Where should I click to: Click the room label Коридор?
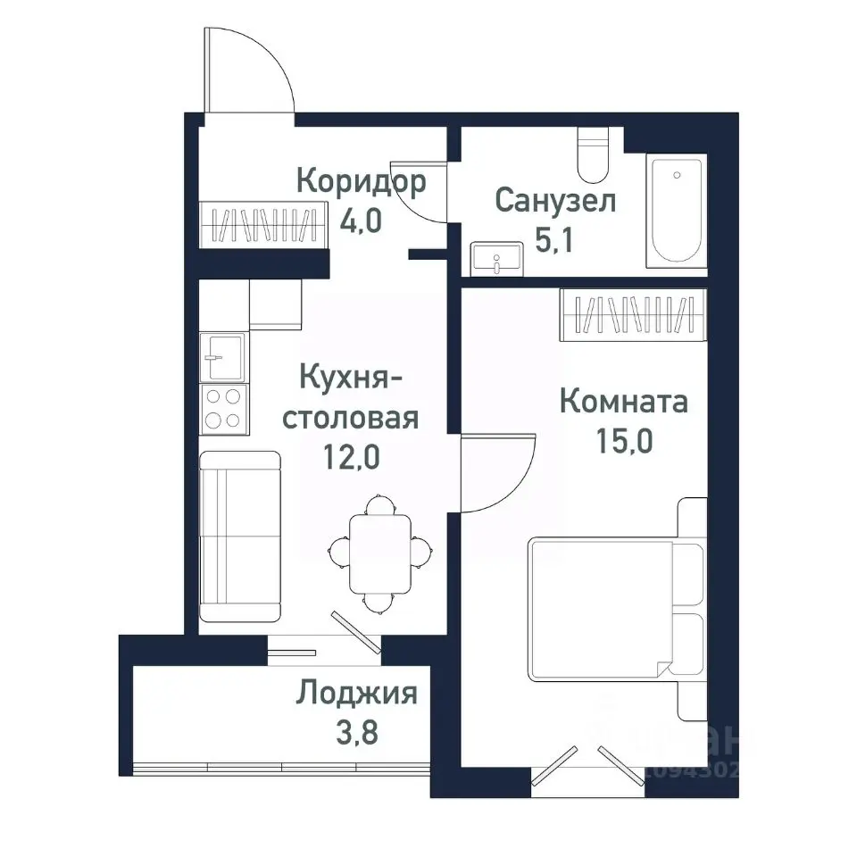pos(361,182)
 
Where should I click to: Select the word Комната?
pos(623,402)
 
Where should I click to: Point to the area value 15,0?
pos(623,442)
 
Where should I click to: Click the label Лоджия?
pos(357,693)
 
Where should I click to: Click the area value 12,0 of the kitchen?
pos(351,458)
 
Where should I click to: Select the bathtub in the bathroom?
pos(677,211)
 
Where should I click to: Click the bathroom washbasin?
pos(495,258)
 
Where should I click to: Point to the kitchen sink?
pos(222,356)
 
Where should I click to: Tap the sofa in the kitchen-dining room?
pos(239,536)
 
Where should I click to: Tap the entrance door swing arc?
pos(250,71)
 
